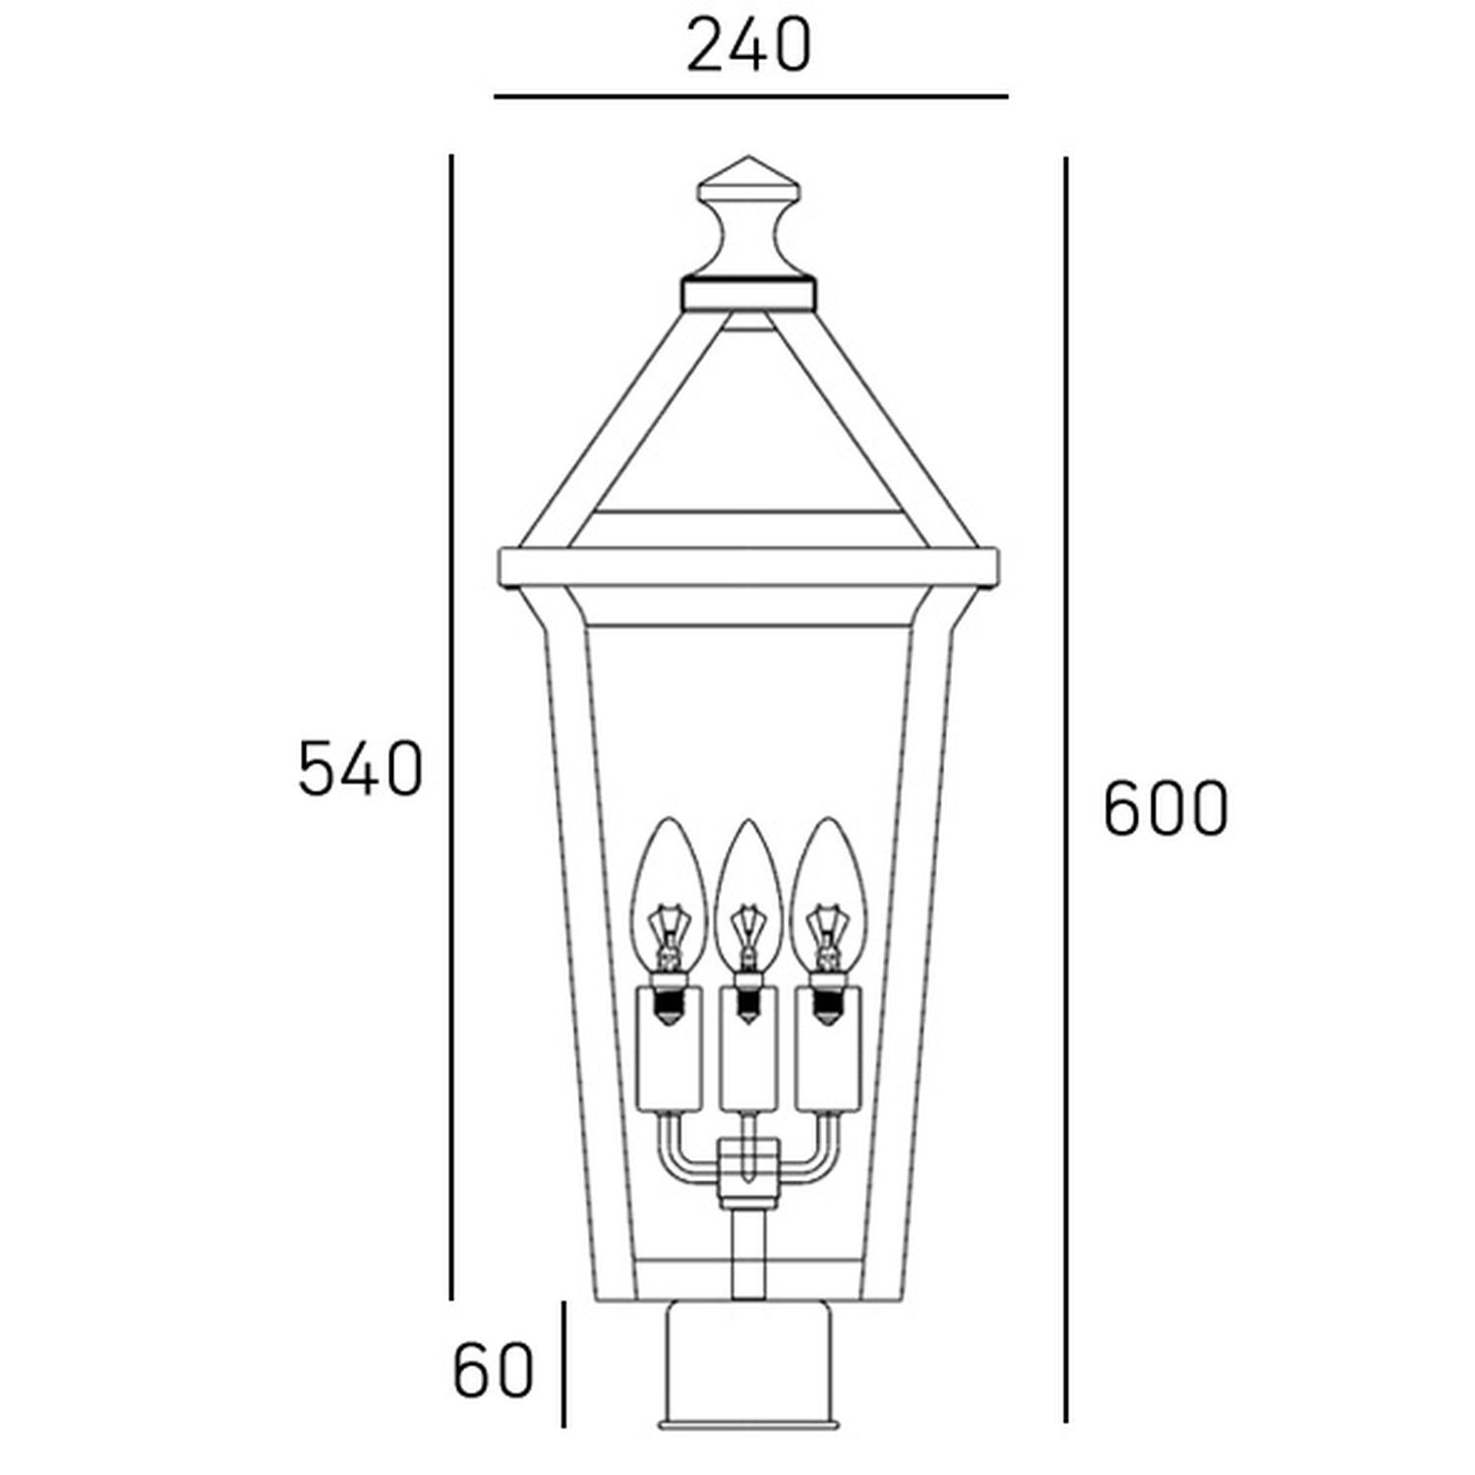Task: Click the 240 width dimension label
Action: (x=748, y=45)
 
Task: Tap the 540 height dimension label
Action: (x=360, y=769)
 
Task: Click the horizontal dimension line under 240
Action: (x=750, y=96)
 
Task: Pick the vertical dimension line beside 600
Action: (x=1066, y=787)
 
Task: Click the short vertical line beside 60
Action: (x=563, y=1364)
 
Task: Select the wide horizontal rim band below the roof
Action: (x=748, y=568)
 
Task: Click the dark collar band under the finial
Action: (x=748, y=292)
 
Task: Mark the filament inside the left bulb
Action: (x=669, y=929)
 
